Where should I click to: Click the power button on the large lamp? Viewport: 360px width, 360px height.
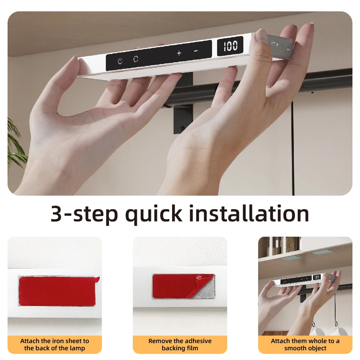click(120, 61)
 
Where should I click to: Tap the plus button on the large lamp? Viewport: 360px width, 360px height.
click(179, 53)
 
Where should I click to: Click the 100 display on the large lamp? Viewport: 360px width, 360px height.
click(230, 46)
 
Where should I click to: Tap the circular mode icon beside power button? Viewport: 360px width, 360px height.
click(136, 59)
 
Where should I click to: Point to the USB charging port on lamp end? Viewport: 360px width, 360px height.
click(275, 43)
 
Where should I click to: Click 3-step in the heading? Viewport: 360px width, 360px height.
click(84, 213)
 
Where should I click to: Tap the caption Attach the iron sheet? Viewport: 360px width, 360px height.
click(55, 345)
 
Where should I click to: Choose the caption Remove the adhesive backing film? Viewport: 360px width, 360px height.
click(180, 345)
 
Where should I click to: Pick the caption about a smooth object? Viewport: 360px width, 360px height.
click(305, 345)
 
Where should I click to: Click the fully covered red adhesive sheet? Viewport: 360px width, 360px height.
click(57, 291)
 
